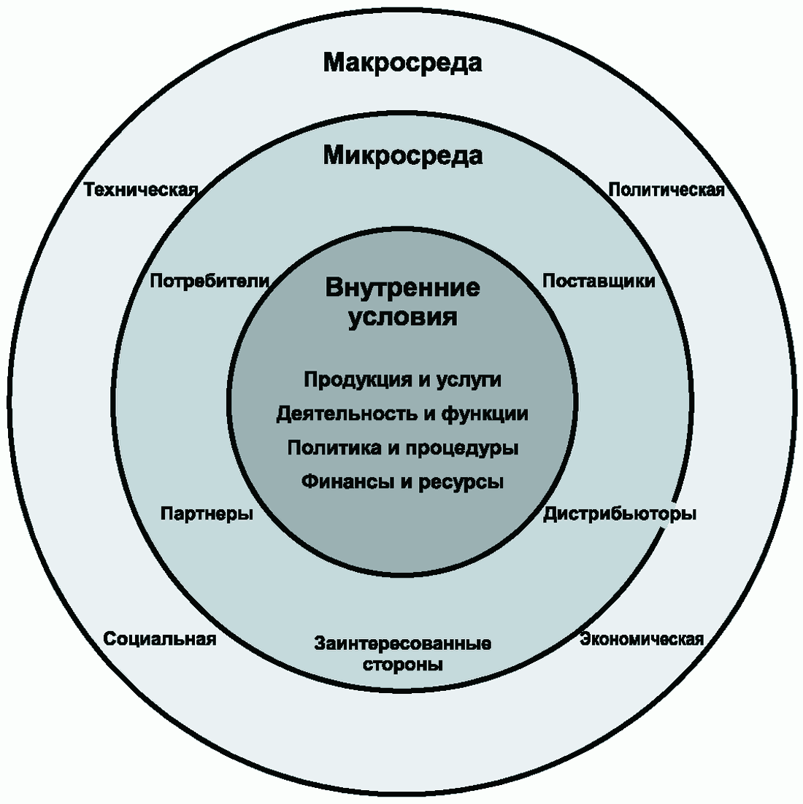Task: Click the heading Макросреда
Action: [402, 63]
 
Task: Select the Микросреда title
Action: [402, 155]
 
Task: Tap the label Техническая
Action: [141, 190]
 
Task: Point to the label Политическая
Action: [666, 190]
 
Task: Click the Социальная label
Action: [160, 639]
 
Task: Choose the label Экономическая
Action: [642, 640]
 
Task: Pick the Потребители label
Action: [210, 281]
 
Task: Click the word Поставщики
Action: [599, 281]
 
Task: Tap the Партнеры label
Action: [207, 514]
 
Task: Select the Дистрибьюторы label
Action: [620, 514]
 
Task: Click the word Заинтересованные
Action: [402, 644]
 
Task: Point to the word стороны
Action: [402, 665]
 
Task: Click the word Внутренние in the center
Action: [402, 287]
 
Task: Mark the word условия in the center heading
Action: [402, 318]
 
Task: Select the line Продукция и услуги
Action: [402, 380]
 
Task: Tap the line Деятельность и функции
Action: [402, 414]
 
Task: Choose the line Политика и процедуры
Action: [402, 448]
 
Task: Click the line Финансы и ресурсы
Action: [402, 482]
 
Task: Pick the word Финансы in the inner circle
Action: [339, 482]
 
